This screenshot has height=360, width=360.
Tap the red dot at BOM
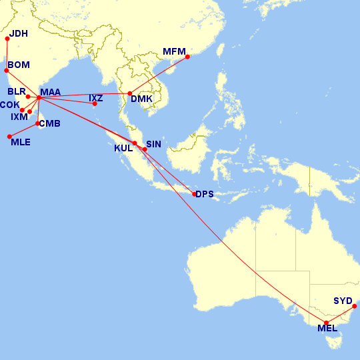[7, 69]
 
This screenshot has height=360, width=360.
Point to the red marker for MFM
[187, 57]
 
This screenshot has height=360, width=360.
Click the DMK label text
[142, 99]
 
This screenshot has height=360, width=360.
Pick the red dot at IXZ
[95, 103]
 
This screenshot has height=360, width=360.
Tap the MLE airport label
[21, 142]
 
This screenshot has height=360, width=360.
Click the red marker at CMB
[37, 123]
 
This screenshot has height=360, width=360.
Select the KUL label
[124, 148]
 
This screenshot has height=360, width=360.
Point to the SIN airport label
[154, 144]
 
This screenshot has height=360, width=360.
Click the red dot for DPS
[194, 194]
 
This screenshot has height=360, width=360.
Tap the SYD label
[343, 301]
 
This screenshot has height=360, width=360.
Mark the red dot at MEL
[327, 323]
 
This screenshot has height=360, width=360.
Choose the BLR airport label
[17, 91]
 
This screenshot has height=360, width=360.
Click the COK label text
[10, 105]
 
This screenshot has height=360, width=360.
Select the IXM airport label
[19, 117]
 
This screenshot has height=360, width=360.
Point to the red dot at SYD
[355, 306]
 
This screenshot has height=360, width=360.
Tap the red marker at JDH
[7, 38]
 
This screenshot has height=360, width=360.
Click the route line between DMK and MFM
[159, 75]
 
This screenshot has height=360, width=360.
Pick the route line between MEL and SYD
[341, 315]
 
